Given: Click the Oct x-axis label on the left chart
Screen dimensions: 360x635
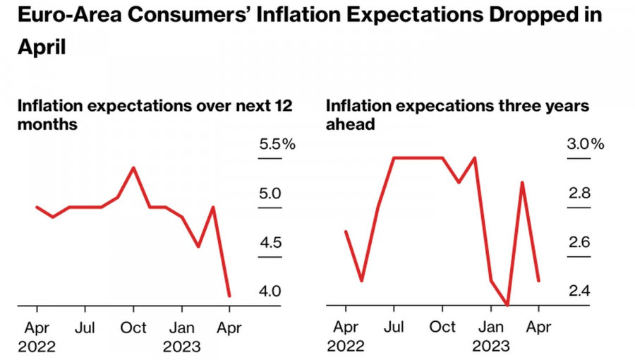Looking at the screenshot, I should coord(133,328).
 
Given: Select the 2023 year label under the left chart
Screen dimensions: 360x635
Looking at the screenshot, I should coord(181,347).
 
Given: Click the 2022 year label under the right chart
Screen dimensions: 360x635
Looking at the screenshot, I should coord(345,347).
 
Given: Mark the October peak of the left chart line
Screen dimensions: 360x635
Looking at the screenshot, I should coord(133,168).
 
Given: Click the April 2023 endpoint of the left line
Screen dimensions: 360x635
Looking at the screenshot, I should coord(229,296).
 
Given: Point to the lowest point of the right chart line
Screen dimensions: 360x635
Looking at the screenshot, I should coord(507,305).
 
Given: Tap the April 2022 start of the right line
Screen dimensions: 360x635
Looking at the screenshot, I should coord(346,231).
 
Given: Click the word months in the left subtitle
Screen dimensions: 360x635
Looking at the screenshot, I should coord(47,124).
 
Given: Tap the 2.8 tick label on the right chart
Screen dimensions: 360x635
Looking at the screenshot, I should coord(580,193).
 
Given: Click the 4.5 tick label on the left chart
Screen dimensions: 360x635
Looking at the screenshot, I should coord(271,243).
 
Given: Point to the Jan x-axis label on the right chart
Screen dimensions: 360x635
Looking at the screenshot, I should coord(491,328).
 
